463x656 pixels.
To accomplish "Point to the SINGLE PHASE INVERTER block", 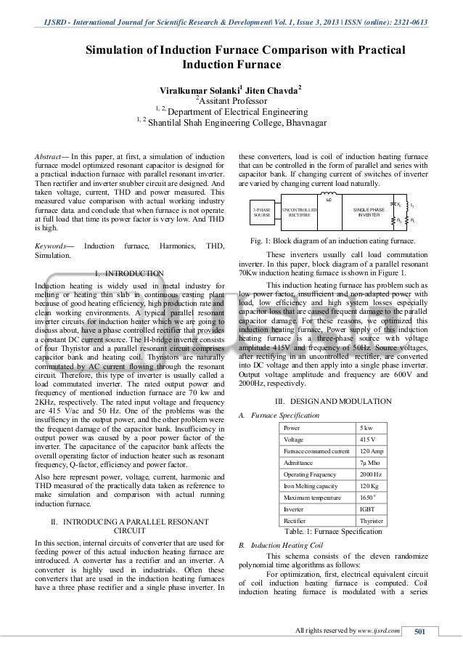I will click(x=370, y=214).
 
